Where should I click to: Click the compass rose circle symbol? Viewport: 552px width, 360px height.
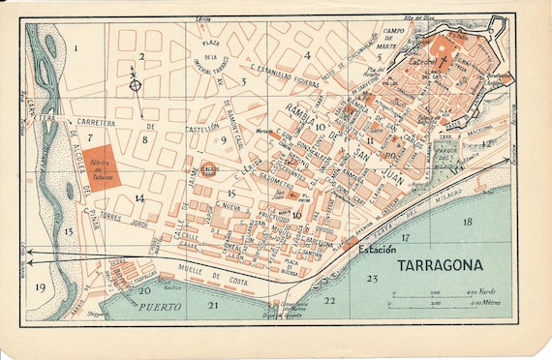(137, 84)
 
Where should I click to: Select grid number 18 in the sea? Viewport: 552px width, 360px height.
(468, 222)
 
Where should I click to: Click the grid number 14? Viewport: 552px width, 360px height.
(139, 198)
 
